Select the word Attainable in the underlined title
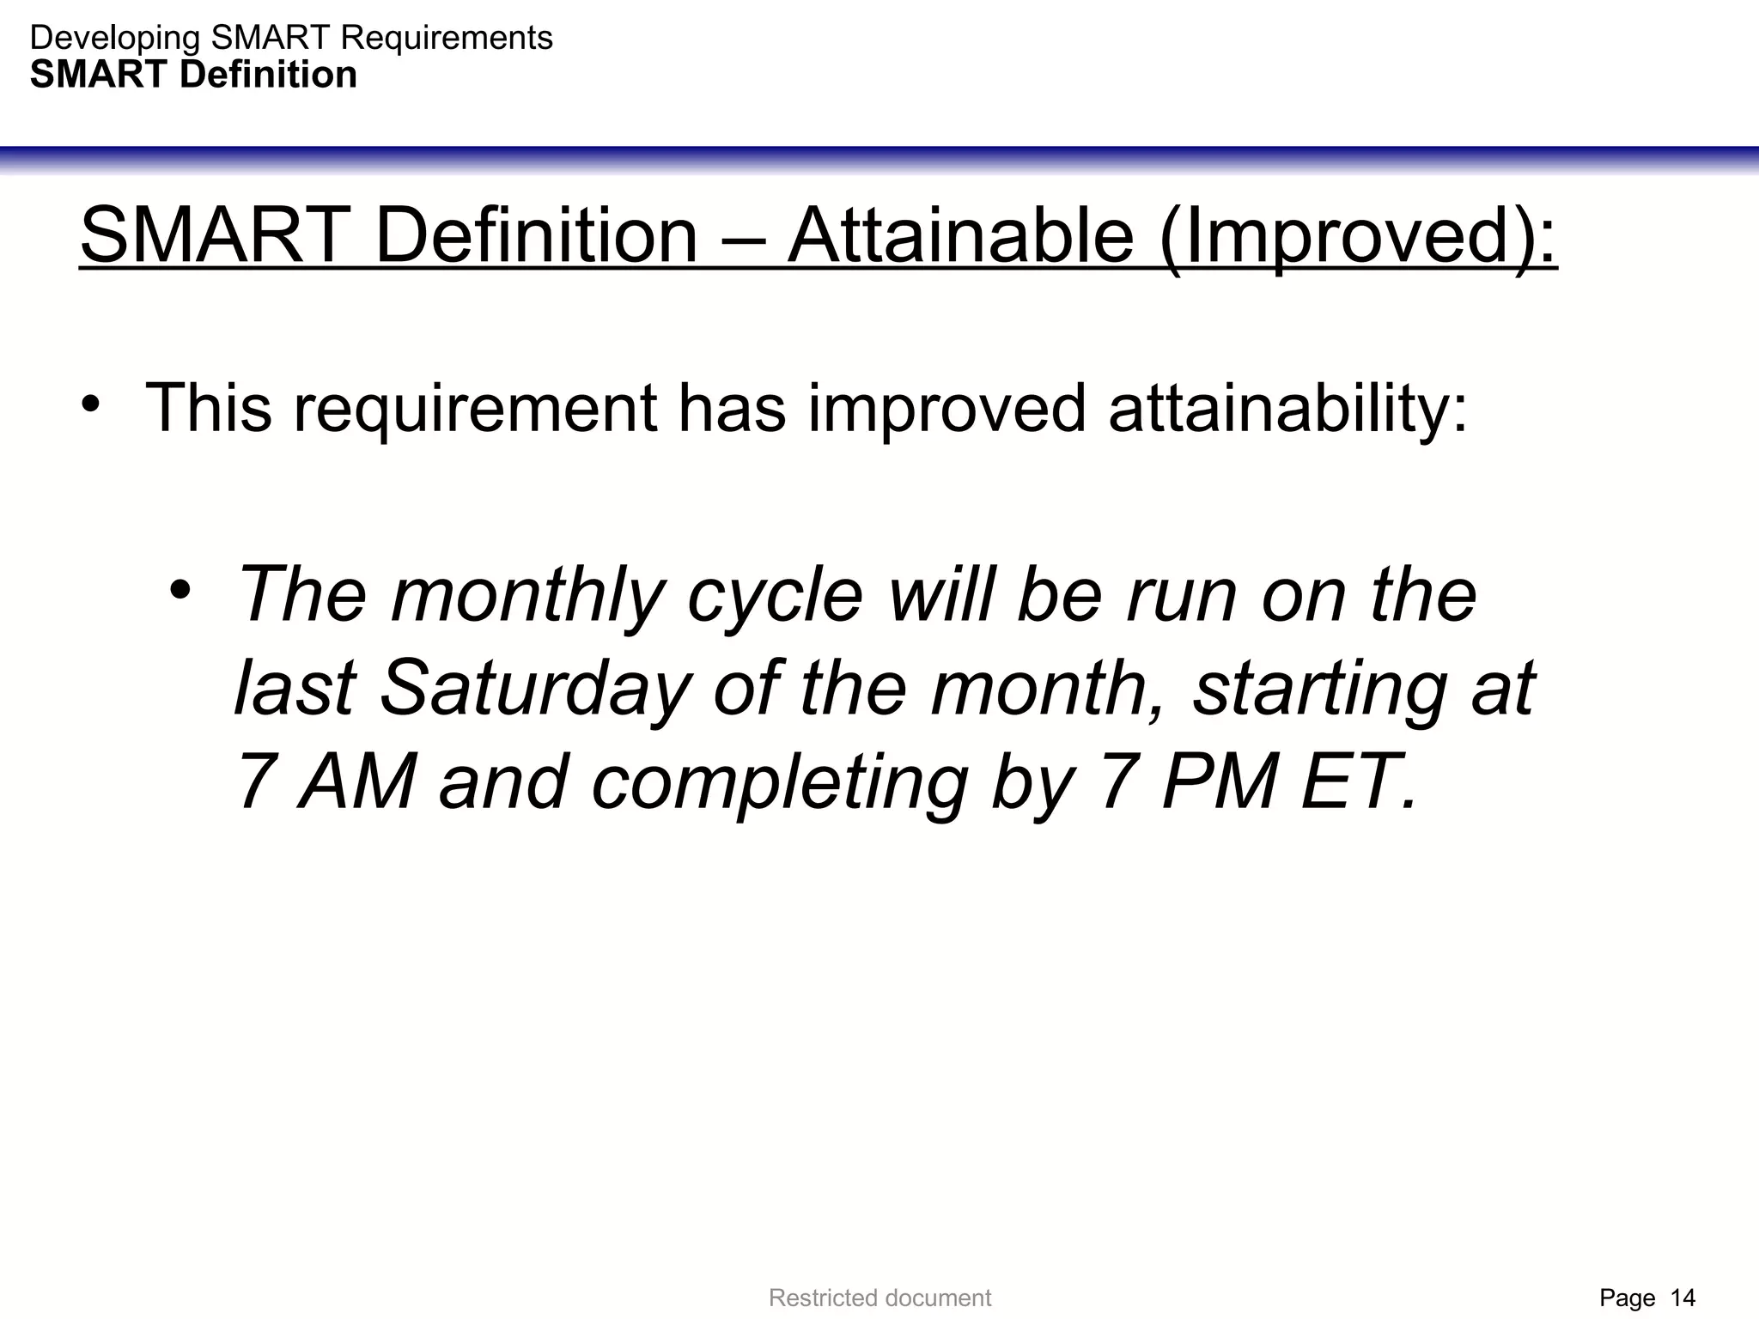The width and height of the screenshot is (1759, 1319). click(961, 236)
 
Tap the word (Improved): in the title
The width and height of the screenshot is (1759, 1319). click(1358, 236)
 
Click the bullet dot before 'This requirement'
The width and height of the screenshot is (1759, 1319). click(93, 404)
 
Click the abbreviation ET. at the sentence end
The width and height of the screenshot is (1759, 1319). click(1358, 782)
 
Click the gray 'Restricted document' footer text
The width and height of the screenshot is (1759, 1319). click(879, 1298)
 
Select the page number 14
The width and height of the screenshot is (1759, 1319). click(1683, 1298)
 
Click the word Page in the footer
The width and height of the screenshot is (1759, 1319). click(1627, 1298)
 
